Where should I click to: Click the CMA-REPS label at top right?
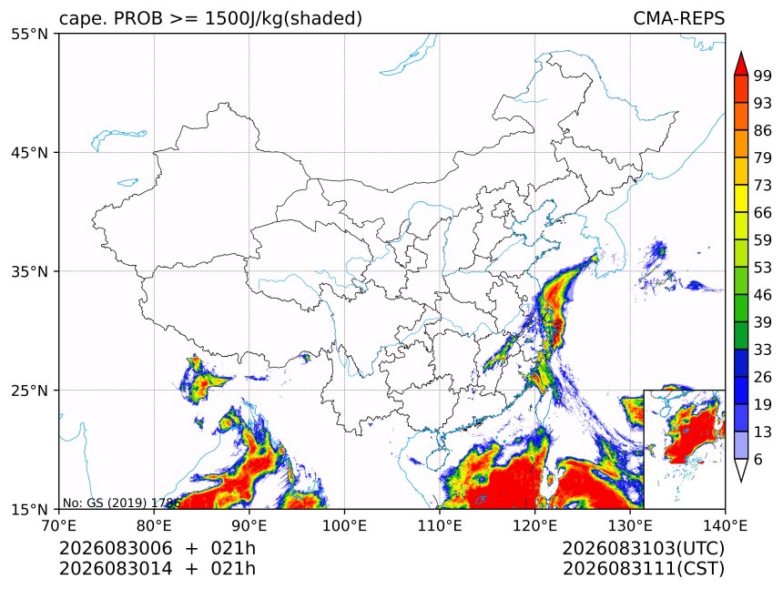click(678, 18)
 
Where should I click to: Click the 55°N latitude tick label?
click(29, 35)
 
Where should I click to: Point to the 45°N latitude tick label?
click(29, 153)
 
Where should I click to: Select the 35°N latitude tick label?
click(29, 271)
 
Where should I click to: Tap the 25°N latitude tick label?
click(29, 391)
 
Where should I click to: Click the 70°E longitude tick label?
click(59, 525)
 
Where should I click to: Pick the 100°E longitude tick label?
click(344, 525)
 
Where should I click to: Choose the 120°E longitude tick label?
click(534, 525)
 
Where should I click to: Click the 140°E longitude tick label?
click(725, 525)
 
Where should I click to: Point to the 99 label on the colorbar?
click(763, 76)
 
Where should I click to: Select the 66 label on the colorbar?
click(763, 213)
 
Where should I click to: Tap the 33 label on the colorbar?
click(763, 350)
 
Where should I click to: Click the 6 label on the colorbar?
click(758, 459)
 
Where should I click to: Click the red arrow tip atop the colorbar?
click(741, 52)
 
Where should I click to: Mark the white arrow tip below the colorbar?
click(741, 482)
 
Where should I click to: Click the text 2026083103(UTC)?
click(643, 549)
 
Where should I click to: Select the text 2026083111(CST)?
click(643, 569)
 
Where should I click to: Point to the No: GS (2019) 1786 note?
click(121, 503)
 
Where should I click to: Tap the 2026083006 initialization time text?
click(116, 549)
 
